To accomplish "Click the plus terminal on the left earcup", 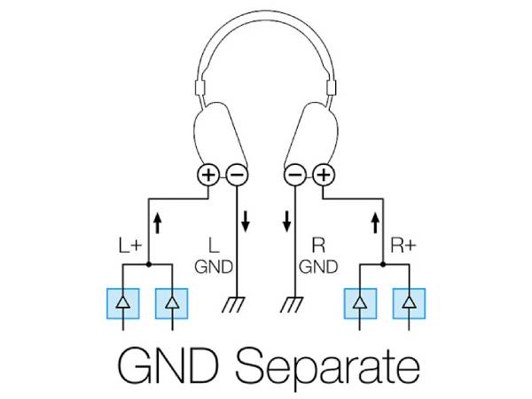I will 208,176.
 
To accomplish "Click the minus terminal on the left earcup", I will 235,176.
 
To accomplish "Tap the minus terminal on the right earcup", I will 297,176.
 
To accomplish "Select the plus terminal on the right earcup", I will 323,176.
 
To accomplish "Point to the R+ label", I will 403,243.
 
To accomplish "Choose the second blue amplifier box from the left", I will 172,303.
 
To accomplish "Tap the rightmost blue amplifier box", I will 409,303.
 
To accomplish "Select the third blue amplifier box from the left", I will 360,303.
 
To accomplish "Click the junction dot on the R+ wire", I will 385,264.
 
